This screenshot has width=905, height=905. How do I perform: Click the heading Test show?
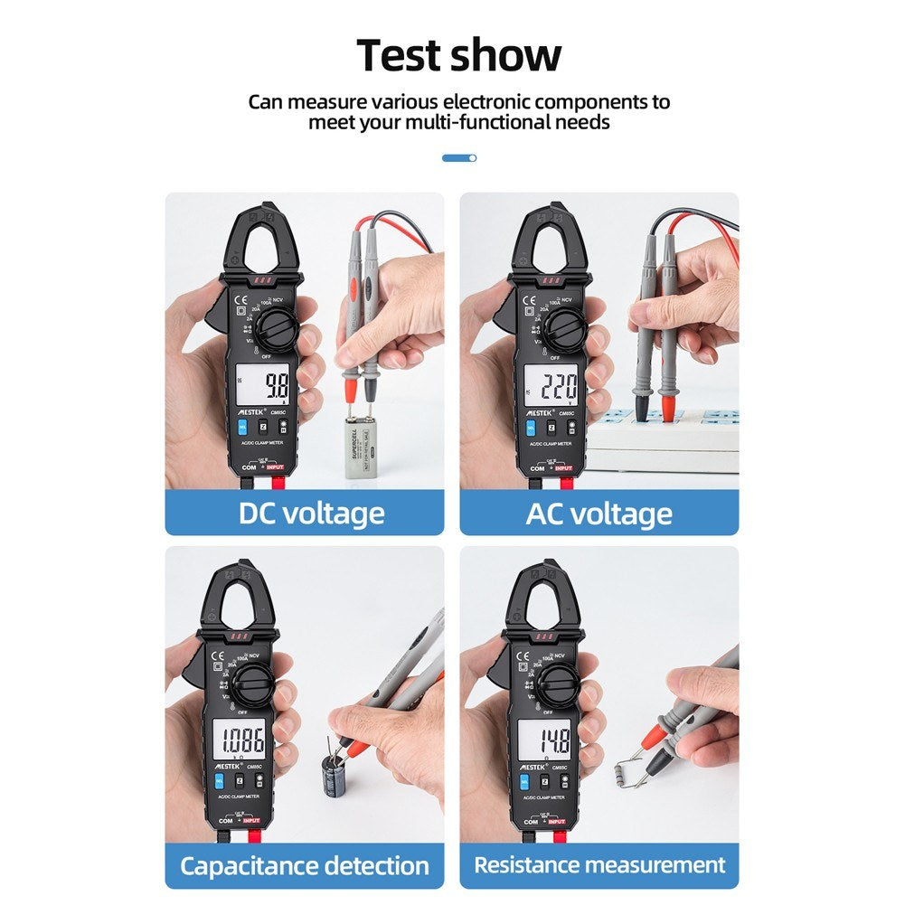458,56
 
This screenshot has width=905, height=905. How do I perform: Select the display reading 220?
558,389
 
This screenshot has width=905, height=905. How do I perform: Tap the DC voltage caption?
311,514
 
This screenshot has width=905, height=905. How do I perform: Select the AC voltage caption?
599,514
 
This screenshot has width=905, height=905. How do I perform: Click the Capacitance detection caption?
304,865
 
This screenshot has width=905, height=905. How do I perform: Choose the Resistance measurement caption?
599,865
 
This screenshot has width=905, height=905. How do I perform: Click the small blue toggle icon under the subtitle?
459,158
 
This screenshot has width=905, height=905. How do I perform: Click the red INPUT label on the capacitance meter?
250,820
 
